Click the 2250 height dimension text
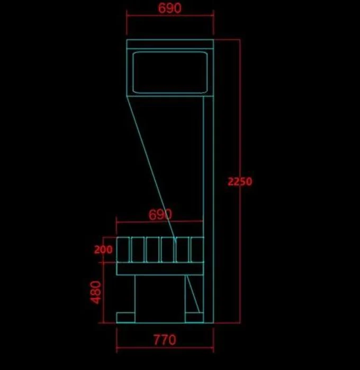(x=240, y=181)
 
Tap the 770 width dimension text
(x=165, y=340)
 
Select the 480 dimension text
(x=96, y=292)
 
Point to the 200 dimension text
(x=103, y=250)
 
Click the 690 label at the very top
(x=169, y=8)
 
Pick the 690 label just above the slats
(x=160, y=214)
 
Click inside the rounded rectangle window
(x=170, y=73)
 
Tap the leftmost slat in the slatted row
(x=123, y=250)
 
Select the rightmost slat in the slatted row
(x=197, y=250)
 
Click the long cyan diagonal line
(x=151, y=169)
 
